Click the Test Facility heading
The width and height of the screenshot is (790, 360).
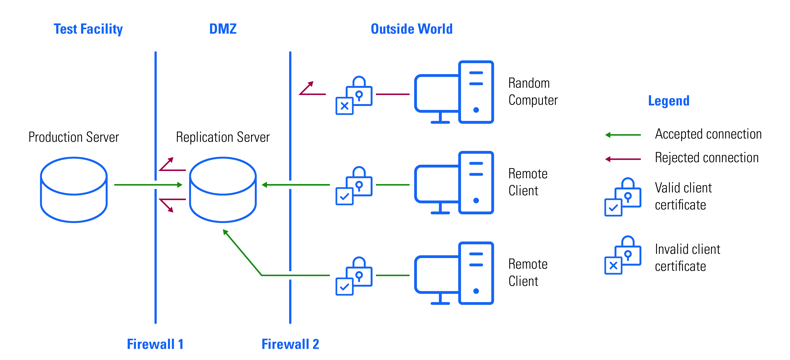pos(88,29)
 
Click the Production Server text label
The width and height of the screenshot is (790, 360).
pos(74,137)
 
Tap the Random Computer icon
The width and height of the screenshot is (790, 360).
pos(454,92)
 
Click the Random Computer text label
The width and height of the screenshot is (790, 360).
pos(533,91)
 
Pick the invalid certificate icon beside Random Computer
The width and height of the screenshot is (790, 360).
pos(354,95)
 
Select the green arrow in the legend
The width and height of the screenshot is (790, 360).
pos(623,135)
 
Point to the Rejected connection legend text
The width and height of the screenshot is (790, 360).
pos(707,158)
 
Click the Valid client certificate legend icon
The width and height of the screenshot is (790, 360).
pos(623,197)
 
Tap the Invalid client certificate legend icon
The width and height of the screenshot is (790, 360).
pos(623,255)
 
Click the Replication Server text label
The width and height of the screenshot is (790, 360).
pos(223,137)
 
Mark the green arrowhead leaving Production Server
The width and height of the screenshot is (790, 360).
pos(180,185)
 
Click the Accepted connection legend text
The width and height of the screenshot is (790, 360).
pos(708,134)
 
